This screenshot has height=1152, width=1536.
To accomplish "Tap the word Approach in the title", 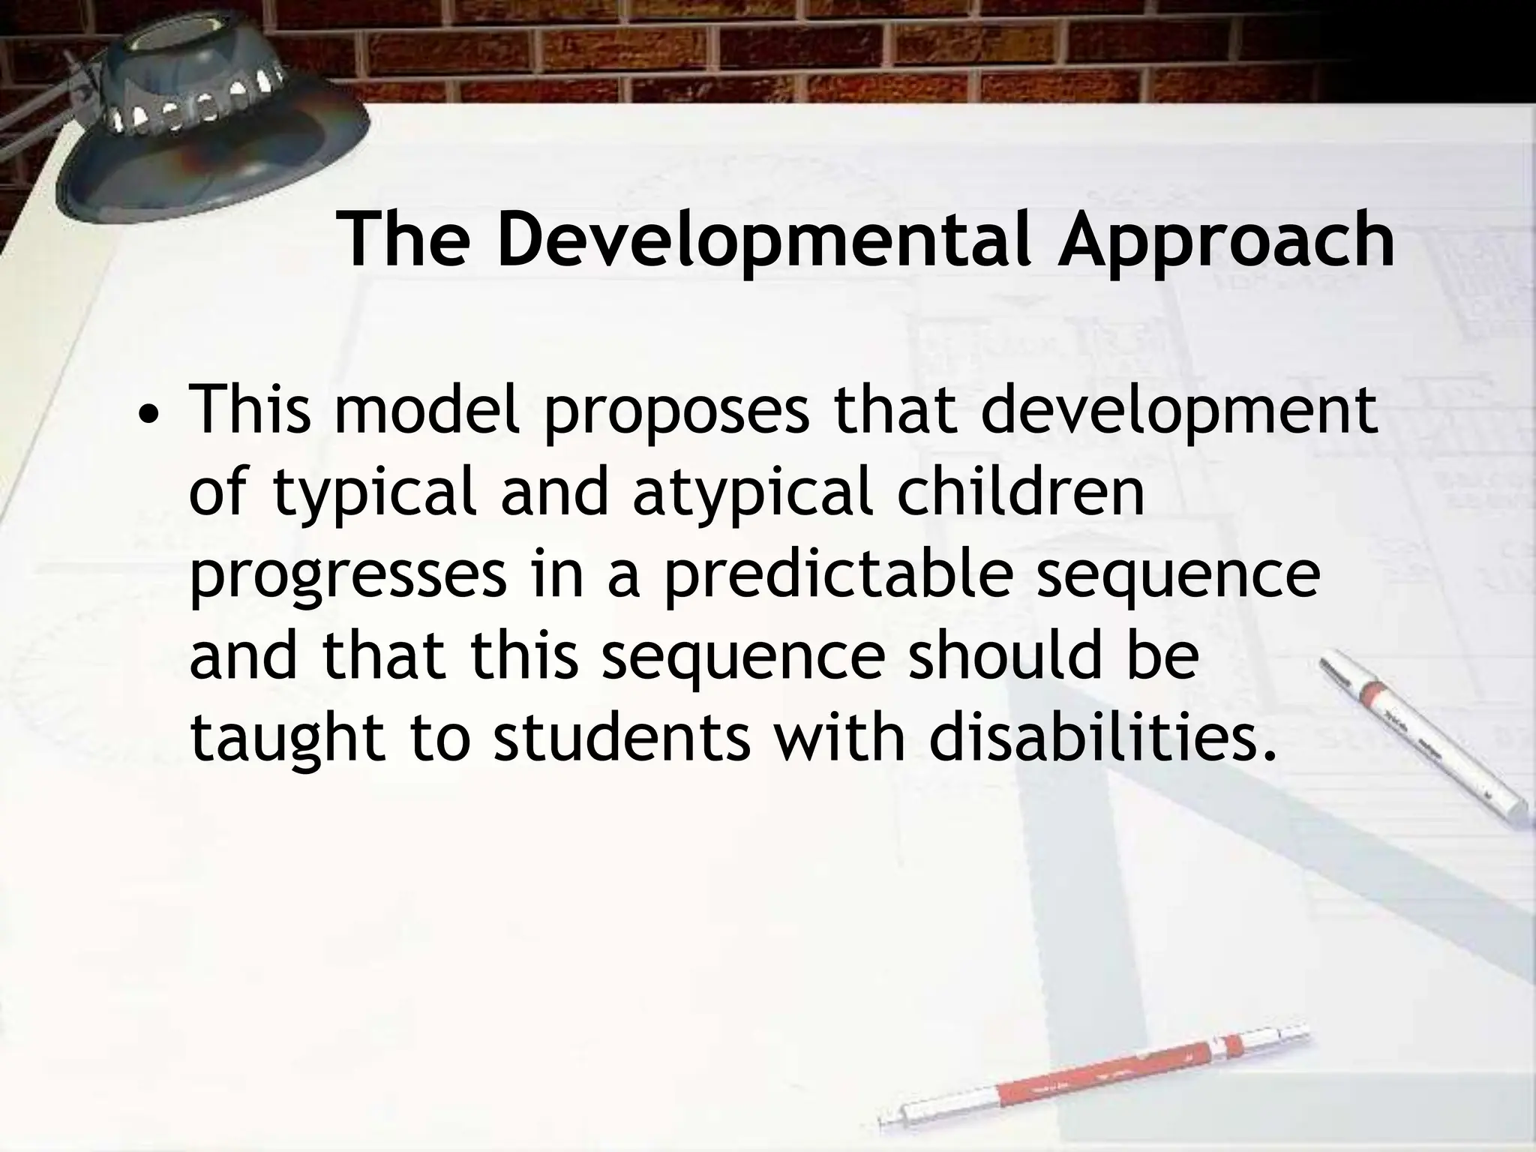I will point(1225,239).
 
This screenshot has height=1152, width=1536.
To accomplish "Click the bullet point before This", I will point(152,415).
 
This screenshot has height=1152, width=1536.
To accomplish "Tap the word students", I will point(622,736).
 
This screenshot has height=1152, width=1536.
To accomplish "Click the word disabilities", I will point(1102,736).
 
